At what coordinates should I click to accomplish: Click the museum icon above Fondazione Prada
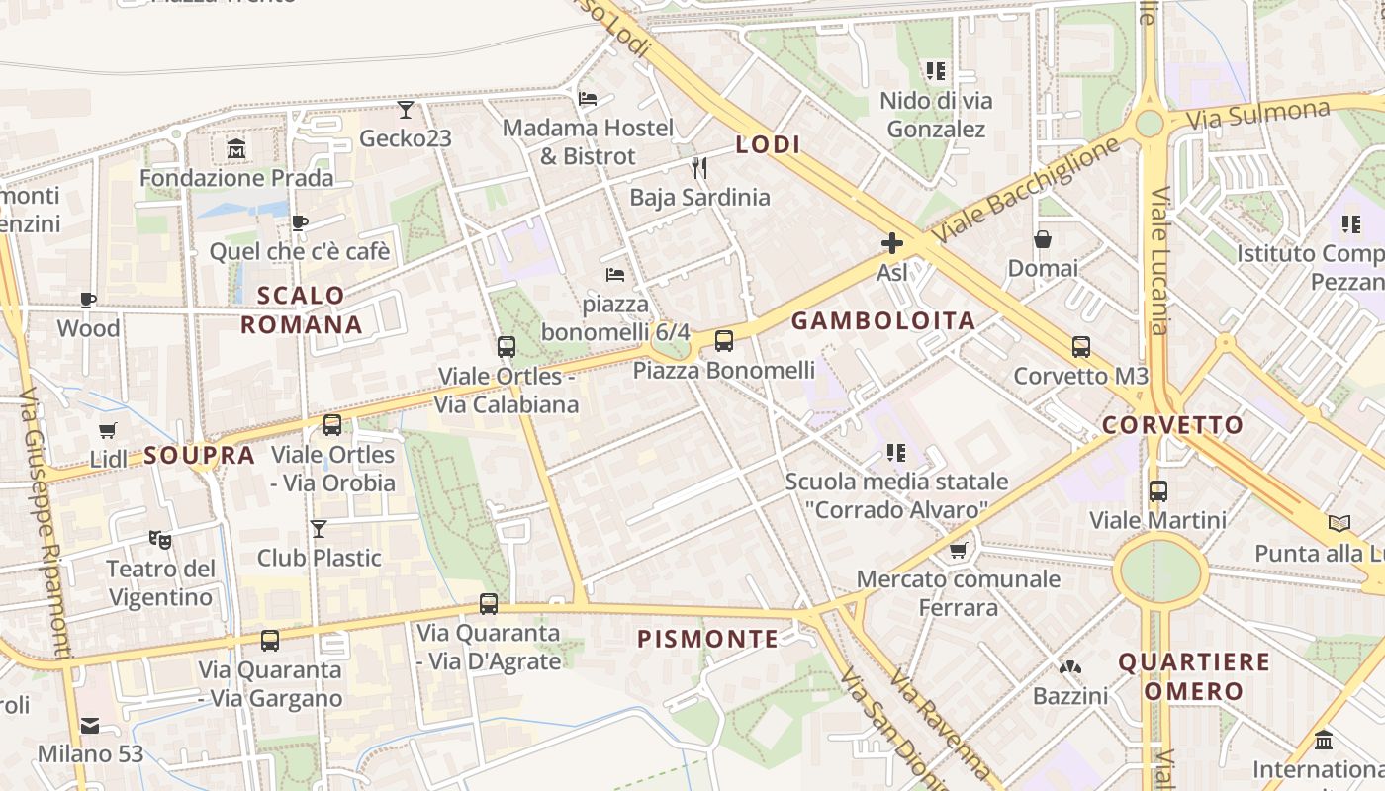tap(236, 149)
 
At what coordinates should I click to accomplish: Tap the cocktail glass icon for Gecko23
tap(406, 109)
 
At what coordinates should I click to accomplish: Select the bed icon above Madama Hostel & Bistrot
tap(588, 99)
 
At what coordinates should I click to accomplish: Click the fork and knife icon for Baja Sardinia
tap(699, 168)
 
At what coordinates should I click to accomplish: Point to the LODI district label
tap(768, 144)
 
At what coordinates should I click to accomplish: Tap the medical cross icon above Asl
tap(892, 243)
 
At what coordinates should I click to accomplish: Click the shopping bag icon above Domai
tap(1043, 239)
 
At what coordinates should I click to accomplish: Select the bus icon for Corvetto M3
tap(1081, 347)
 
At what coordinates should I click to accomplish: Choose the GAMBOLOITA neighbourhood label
tap(883, 320)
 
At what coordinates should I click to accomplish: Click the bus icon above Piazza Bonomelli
tap(724, 341)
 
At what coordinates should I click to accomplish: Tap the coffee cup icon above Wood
tap(88, 300)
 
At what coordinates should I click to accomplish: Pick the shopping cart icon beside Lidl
tap(108, 431)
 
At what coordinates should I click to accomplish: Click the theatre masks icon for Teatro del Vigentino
tap(159, 539)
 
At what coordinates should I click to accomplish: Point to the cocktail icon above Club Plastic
tap(319, 529)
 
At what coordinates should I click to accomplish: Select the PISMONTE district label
tap(708, 639)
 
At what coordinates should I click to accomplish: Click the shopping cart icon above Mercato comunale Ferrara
tap(958, 550)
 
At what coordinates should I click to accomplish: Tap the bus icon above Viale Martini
tap(1158, 490)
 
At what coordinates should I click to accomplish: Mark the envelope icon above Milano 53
tap(90, 726)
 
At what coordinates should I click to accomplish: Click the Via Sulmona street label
tap(1257, 114)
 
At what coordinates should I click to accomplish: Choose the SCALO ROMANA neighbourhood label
tap(302, 309)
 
